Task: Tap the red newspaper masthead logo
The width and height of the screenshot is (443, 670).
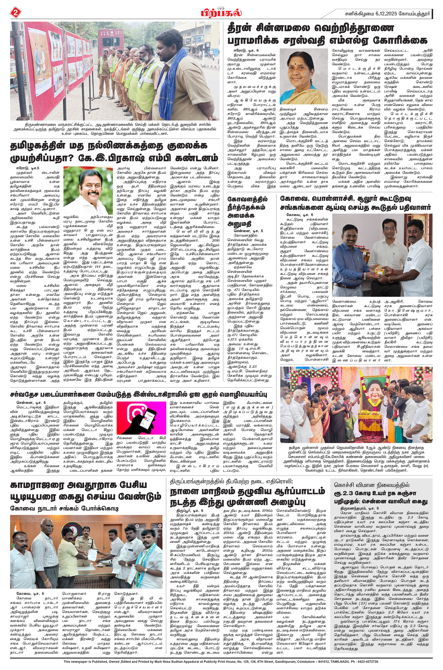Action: (221, 12)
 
